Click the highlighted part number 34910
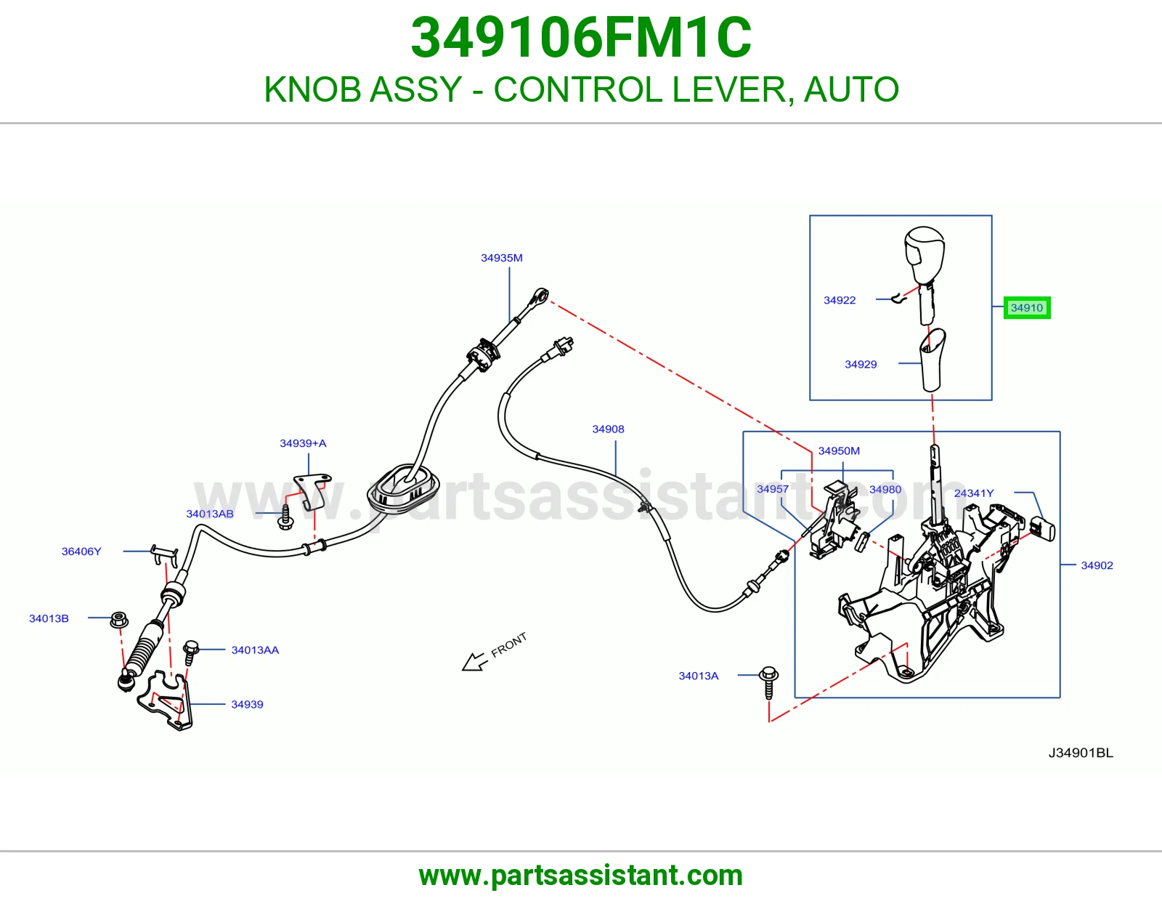[x=1027, y=307]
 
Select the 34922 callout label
[x=840, y=300]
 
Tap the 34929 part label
[x=861, y=364]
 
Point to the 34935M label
[x=502, y=258]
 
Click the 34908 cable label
[x=608, y=429]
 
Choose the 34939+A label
[x=303, y=443]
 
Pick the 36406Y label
[x=81, y=551]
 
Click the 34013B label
[x=49, y=618]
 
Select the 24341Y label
[x=974, y=493]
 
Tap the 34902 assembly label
[x=1097, y=565]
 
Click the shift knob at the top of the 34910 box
[x=925, y=256]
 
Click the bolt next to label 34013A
[x=769, y=682]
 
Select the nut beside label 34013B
[x=118, y=620]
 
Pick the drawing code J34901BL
[x=1080, y=753]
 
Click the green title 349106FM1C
[x=581, y=38]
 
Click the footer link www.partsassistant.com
[x=581, y=876]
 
